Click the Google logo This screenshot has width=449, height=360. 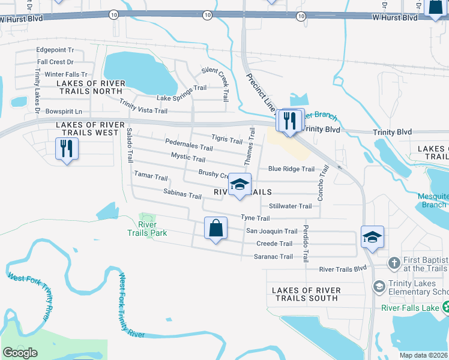tap(20, 353)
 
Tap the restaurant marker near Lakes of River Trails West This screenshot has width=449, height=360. tap(67, 149)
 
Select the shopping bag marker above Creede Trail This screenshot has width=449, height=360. tap(215, 229)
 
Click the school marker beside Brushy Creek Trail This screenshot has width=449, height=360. tap(240, 185)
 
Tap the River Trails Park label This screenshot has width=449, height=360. tap(147, 228)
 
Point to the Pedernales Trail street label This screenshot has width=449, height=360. tap(189, 146)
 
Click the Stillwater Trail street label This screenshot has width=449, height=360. tap(290, 206)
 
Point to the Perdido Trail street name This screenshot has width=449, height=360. tap(306, 244)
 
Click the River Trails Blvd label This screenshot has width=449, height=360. tap(343, 269)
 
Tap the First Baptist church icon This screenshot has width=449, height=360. tap(393, 263)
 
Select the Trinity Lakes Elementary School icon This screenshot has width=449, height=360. tap(379, 286)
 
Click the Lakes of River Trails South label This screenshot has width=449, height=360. tap(306, 294)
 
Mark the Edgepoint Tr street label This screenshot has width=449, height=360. tap(55, 50)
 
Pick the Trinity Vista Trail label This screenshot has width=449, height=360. tap(143, 107)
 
